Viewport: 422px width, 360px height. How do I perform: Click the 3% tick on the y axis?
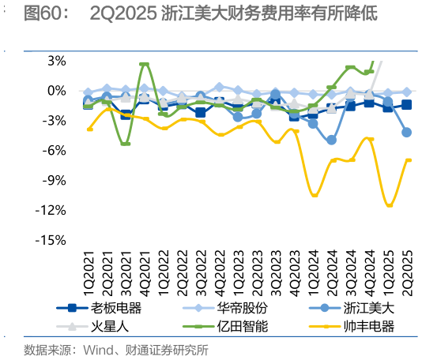click(56, 61)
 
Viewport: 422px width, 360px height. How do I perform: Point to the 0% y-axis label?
click(56, 91)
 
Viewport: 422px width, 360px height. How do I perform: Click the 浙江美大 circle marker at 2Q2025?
click(406, 132)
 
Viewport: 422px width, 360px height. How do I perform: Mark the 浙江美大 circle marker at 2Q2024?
click(332, 140)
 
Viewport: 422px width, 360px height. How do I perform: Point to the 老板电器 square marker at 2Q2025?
click(406, 105)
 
